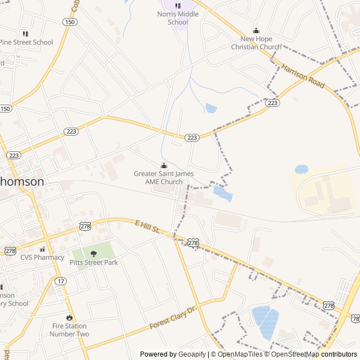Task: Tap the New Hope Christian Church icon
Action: (x=256, y=31)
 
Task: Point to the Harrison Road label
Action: (x=304, y=75)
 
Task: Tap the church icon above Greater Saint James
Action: (x=164, y=166)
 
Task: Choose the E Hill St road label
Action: (x=148, y=227)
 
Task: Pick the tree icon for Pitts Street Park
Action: (x=93, y=254)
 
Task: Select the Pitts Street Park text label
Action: (x=93, y=263)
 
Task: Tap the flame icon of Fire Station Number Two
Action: (x=69, y=317)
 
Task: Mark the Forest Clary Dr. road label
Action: (x=174, y=318)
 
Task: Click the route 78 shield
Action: (x=355, y=319)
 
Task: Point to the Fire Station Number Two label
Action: (x=69, y=330)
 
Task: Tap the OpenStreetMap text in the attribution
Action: (x=296, y=354)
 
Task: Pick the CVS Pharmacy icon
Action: (x=42, y=249)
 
